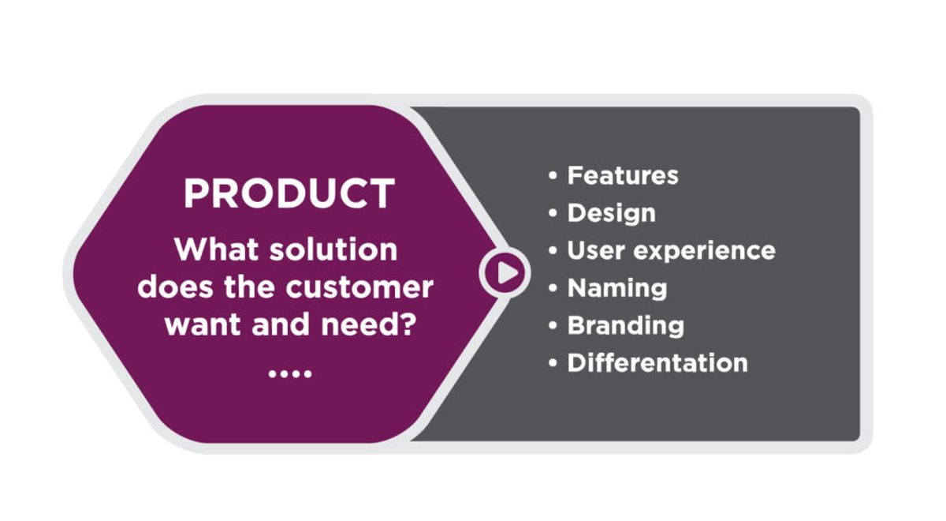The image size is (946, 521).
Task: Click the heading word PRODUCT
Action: pyautogui.click(x=289, y=193)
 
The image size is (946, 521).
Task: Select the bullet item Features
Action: pyautogui.click(x=622, y=175)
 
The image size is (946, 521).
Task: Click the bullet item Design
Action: pyautogui.click(x=611, y=213)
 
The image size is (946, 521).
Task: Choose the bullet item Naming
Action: pyautogui.click(x=616, y=288)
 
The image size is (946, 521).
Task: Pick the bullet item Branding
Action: pyautogui.click(x=625, y=326)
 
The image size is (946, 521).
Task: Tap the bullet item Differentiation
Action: pyautogui.click(x=657, y=363)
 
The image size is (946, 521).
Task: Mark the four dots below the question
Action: pyautogui.click(x=289, y=373)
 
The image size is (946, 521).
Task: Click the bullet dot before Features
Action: pyautogui.click(x=553, y=176)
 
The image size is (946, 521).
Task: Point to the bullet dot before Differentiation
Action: pyautogui.click(x=553, y=364)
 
